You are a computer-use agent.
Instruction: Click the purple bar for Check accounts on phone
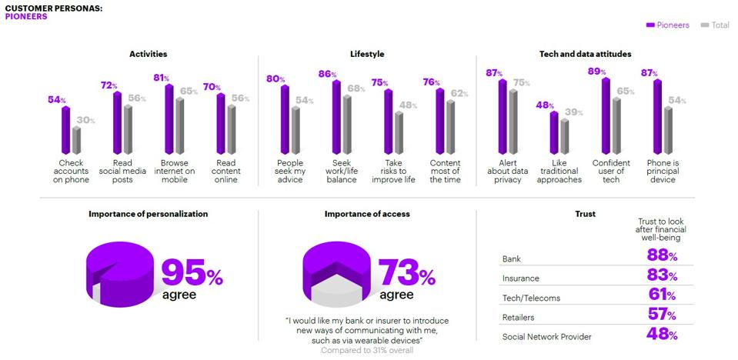(x=65, y=130)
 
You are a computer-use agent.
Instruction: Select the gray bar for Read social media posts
(x=129, y=129)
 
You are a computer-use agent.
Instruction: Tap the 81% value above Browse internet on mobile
(x=162, y=78)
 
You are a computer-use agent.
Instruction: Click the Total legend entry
(x=715, y=25)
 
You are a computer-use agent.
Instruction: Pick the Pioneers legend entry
(x=668, y=25)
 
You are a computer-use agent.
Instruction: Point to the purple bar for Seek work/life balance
(x=336, y=117)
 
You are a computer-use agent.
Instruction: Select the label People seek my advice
(x=290, y=171)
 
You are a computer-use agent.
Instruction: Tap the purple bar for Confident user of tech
(x=606, y=115)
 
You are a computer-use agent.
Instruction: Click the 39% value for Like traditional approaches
(x=573, y=112)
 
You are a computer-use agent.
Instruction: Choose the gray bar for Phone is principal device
(x=668, y=130)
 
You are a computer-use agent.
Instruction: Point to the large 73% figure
(x=406, y=273)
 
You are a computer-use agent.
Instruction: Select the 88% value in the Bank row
(x=661, y=256)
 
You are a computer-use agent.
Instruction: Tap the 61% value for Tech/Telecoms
(x=661, y=296)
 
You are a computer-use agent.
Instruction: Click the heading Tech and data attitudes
(x=586, y=55)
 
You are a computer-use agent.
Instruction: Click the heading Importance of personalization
(x=148, y=214)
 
